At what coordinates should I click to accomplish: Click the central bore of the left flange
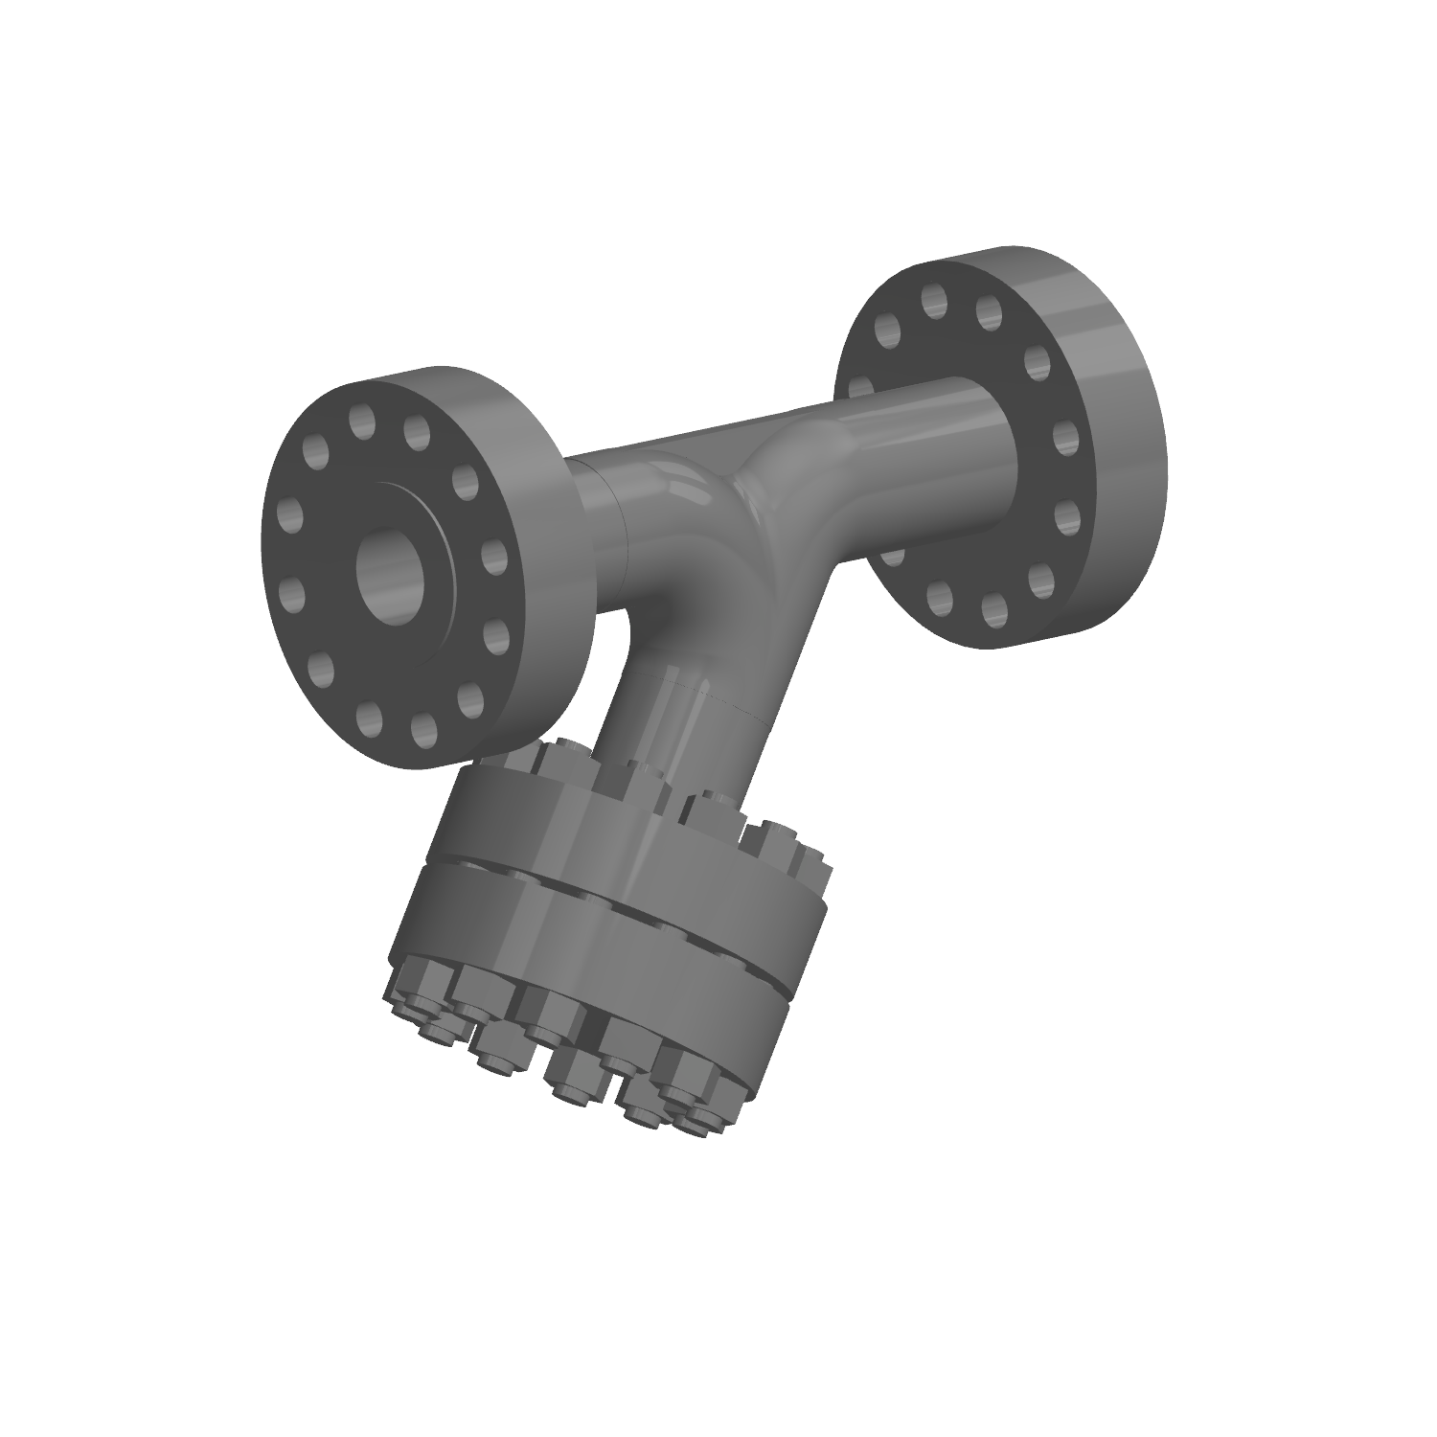pos(390,573)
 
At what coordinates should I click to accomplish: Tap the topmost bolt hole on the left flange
pos(361,420)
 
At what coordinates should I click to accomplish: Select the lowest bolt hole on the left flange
pos(422,731)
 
